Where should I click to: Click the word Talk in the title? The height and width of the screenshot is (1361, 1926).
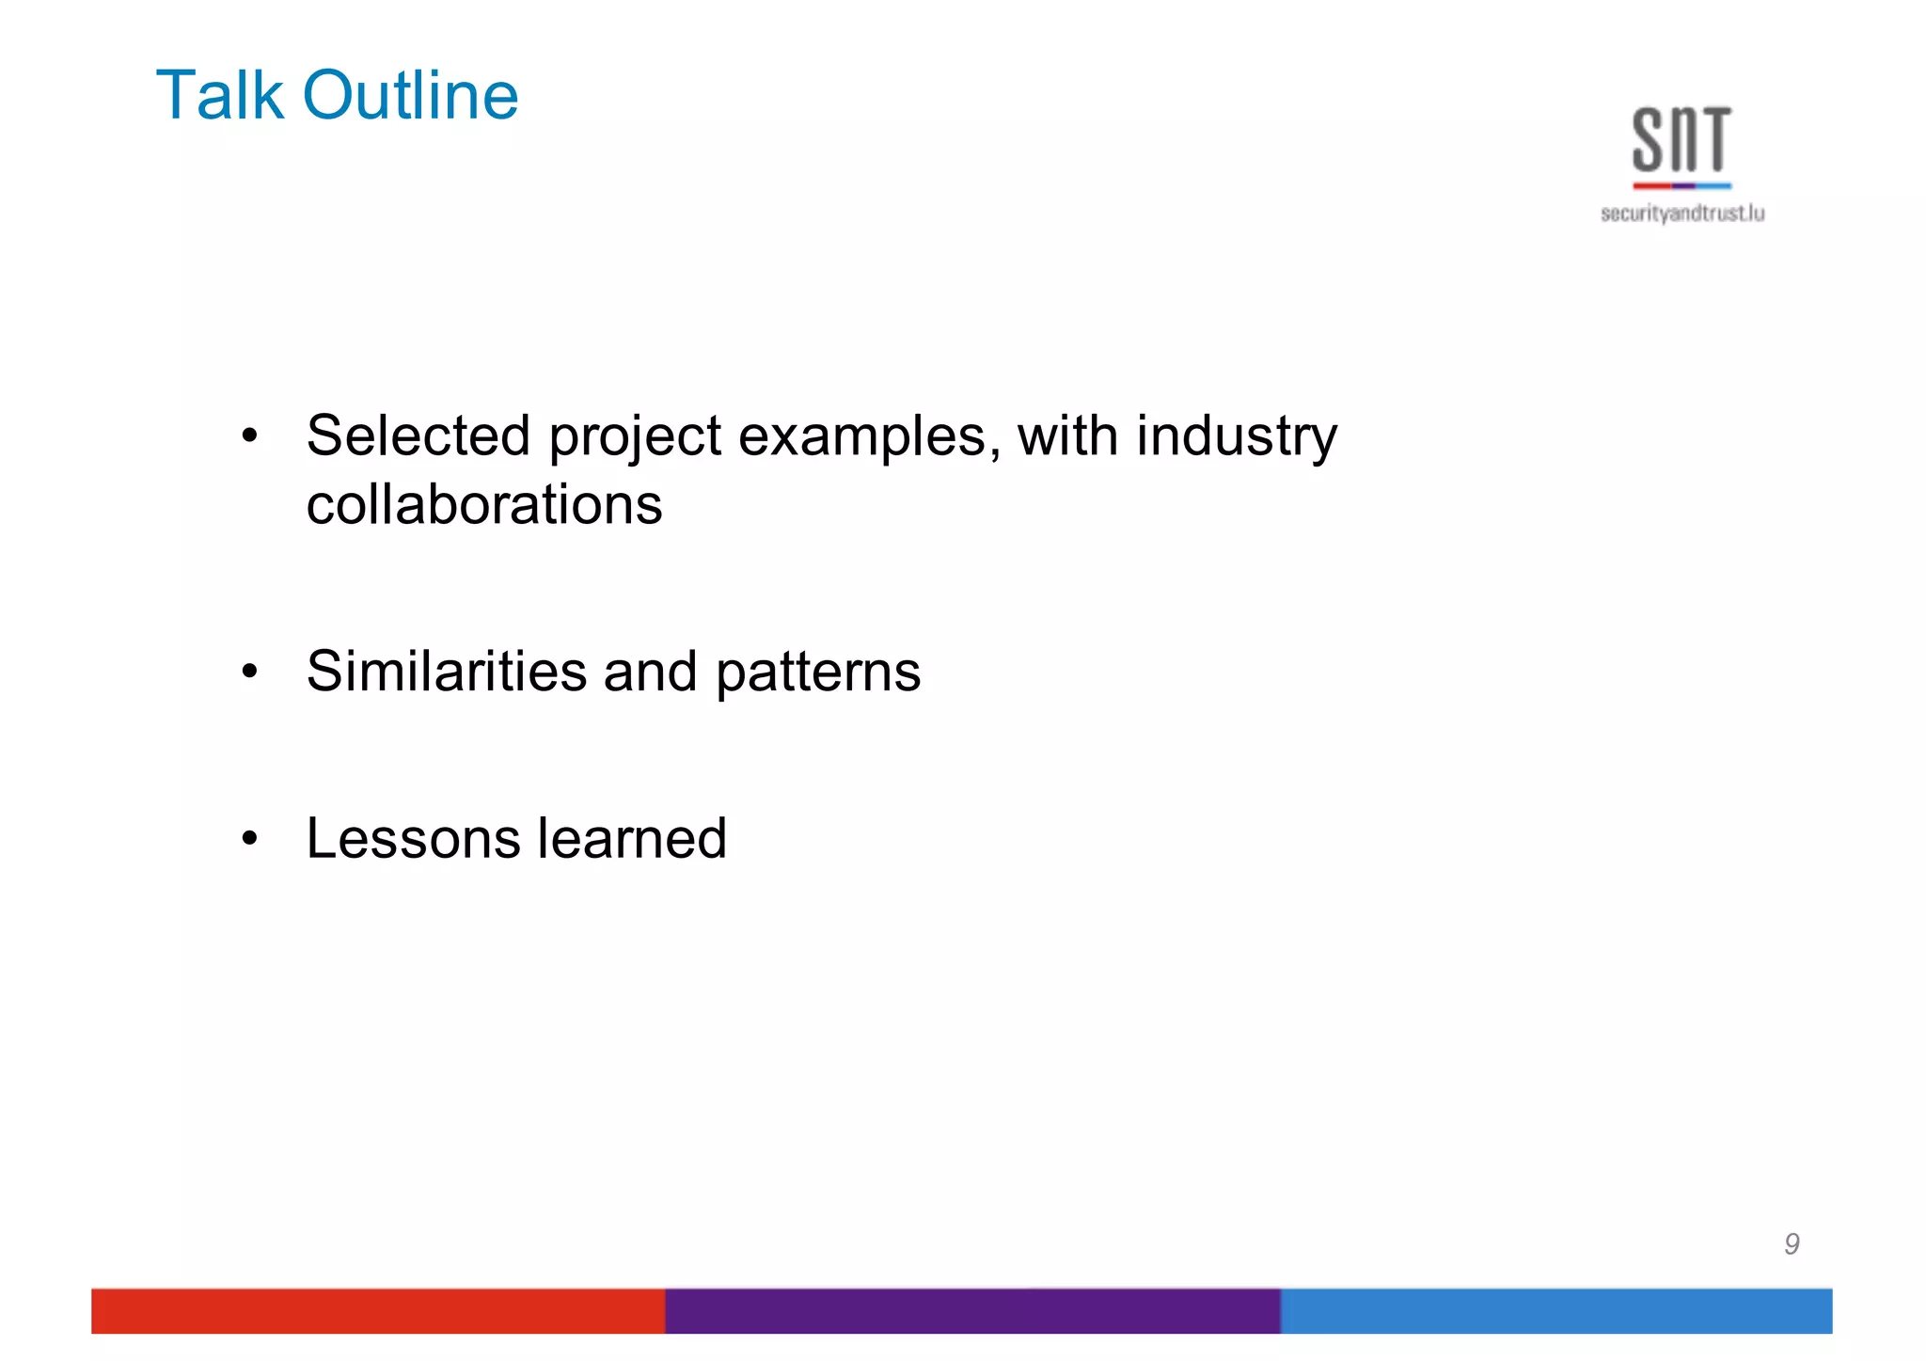tap(219, 96)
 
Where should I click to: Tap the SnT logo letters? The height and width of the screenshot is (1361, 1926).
tap(1681, 141)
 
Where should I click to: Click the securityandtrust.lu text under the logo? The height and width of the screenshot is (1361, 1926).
tap(1682, 214)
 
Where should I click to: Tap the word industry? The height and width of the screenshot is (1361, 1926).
tap(1236, 438)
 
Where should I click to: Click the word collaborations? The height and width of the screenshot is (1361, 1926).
tap(484, 505)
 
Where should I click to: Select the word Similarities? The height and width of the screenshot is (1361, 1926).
tap(447, 672)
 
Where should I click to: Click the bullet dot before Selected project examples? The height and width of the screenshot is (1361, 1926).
tap(249, 436)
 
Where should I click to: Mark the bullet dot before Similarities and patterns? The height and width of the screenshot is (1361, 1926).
tap(249, 672)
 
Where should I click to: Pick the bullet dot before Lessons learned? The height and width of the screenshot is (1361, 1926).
tap(249, 838)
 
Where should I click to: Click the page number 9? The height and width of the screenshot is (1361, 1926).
tap(1792, 1244)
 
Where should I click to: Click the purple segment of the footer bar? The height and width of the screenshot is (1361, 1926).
tap(972, 1310)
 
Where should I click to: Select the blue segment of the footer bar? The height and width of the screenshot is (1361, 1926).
tap(1555, 1310)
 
